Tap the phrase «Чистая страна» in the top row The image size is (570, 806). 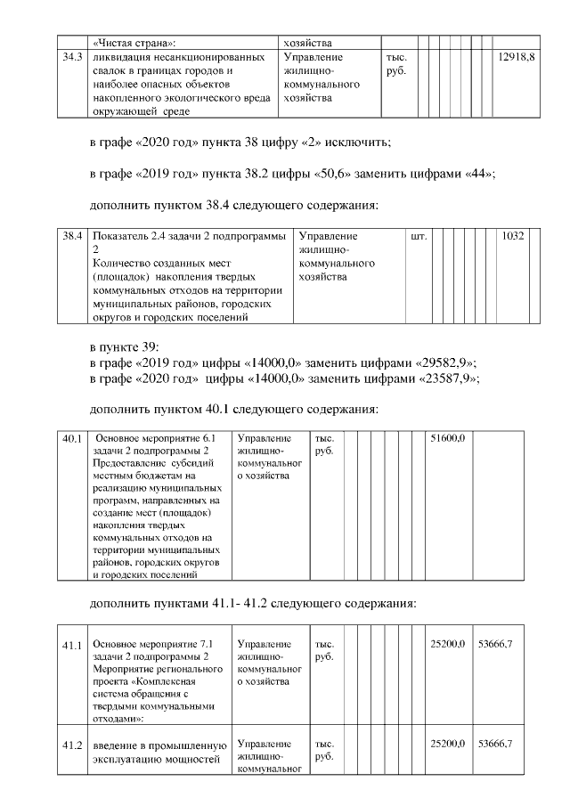coord(134,41)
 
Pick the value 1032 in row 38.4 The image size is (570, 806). coord(514,237)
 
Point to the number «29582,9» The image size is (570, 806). coord(448,362)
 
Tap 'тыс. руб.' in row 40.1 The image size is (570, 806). coord(322,445)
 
